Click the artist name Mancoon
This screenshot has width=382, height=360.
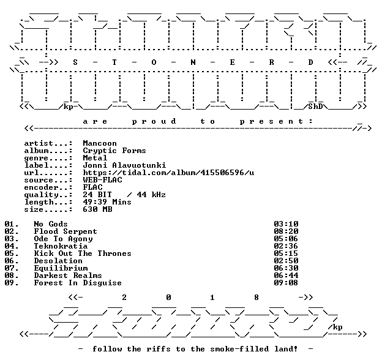[100, 143]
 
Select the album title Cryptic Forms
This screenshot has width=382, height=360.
[114, 151]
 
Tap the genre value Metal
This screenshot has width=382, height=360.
[95, 158]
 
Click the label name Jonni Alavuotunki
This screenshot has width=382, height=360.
[124, 165]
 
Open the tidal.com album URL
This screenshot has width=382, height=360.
[168, 173]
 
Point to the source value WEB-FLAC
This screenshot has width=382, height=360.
[102, 180]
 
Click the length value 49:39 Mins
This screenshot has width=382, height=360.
[107, 202]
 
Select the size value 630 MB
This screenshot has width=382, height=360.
[97, 209]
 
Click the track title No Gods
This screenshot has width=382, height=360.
[51, 224]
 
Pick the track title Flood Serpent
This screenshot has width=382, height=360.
[66, 231]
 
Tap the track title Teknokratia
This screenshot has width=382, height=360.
[61, 246]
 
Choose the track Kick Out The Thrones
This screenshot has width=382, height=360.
[83, 253]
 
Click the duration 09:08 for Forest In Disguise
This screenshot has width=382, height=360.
[286, 283]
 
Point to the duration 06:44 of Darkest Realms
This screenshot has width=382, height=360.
[286, 276]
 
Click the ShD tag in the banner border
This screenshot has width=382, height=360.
[315, 107]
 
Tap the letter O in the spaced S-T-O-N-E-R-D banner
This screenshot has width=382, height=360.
[154, 62]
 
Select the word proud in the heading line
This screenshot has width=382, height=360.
[154, 121]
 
